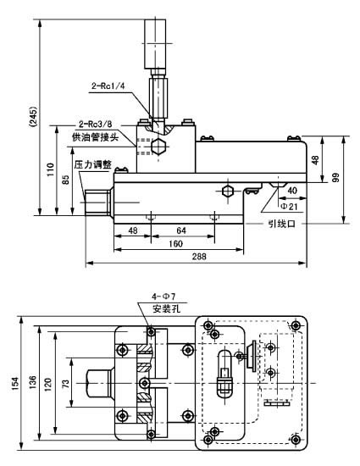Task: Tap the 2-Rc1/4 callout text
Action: [108, 85]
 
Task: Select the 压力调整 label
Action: [93, 164]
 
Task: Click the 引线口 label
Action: [281, 224]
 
